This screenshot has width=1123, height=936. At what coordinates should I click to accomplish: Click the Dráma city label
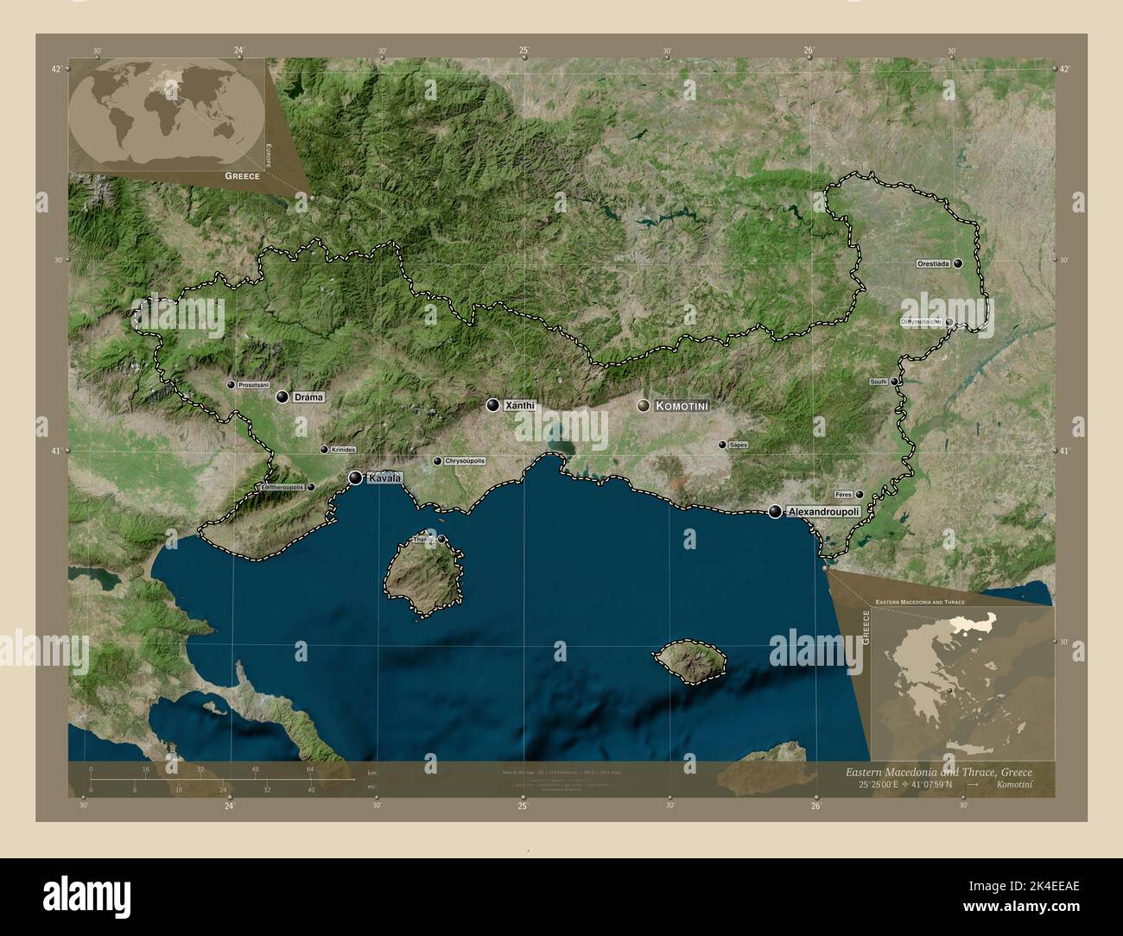coord(308,398)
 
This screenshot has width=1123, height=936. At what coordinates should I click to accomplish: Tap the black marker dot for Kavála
coord(356,477)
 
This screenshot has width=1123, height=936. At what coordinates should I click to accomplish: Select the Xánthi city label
coord(520,405)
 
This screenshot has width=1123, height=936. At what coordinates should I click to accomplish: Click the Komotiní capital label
coord(682,406)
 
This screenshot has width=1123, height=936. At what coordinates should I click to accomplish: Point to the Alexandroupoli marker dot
coord(776,512)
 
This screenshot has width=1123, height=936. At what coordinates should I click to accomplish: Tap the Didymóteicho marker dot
coord(949,322)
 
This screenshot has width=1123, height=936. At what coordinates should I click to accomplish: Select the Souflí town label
coord(878,381)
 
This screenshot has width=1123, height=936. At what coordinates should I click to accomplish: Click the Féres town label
coord(844,495)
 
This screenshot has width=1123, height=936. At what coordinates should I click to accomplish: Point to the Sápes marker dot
coord(722,445)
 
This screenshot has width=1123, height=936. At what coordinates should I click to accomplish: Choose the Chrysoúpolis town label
coord(465,461)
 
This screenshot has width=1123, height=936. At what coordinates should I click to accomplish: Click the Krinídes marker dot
coord(324,450)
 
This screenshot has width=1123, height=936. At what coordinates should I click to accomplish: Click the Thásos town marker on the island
coord(441,540)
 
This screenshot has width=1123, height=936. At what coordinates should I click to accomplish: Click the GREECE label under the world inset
coord(242,175)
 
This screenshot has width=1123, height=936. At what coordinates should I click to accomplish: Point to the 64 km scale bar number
coord(310,769)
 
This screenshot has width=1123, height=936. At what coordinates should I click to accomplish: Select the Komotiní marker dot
coord(644,406)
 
